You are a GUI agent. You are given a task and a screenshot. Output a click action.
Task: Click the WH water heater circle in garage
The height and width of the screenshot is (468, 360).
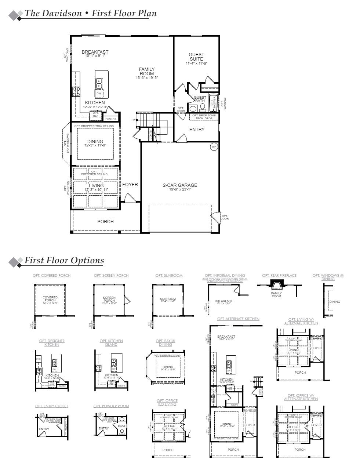(214, 147)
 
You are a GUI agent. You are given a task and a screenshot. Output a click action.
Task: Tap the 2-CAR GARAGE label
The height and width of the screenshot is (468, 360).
(180, 185)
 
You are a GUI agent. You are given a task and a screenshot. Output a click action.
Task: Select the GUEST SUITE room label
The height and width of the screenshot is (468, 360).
(196, 57)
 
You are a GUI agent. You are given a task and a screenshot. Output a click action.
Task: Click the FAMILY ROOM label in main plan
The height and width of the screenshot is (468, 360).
(146, 72)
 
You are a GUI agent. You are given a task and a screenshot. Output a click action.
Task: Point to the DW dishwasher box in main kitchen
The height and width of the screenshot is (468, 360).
(99, 94)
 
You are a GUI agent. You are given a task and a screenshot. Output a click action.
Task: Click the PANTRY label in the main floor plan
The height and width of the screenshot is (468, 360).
(110, 119)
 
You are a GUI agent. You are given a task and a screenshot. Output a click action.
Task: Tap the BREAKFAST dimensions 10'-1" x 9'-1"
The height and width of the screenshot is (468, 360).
(95, 56)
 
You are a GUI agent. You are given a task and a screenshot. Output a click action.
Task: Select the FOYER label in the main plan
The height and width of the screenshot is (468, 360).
(130, 185)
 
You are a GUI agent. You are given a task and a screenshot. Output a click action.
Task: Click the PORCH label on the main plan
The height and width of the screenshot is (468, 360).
(105, 221)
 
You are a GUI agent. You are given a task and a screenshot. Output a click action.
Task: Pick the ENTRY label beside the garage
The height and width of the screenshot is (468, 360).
(197, 130)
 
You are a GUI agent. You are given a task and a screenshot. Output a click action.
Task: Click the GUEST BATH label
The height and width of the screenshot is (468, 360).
(200, 99)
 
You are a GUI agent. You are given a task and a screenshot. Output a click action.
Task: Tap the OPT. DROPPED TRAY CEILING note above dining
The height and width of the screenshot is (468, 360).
(94, 126)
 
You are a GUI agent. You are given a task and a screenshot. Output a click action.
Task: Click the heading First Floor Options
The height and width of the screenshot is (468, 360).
(64, 260)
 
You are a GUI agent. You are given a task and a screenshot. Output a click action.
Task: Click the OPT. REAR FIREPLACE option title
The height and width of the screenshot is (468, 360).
(279, 275)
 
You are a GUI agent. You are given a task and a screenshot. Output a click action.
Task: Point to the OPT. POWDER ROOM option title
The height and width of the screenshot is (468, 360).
(111, 406)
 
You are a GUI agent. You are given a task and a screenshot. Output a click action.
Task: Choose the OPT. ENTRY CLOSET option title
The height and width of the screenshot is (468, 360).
(52, 406)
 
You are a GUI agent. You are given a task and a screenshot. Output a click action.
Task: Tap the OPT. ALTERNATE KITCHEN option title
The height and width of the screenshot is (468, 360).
(238, 319)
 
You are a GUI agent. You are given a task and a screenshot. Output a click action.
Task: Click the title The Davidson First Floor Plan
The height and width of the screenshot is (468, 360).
(90, 14)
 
